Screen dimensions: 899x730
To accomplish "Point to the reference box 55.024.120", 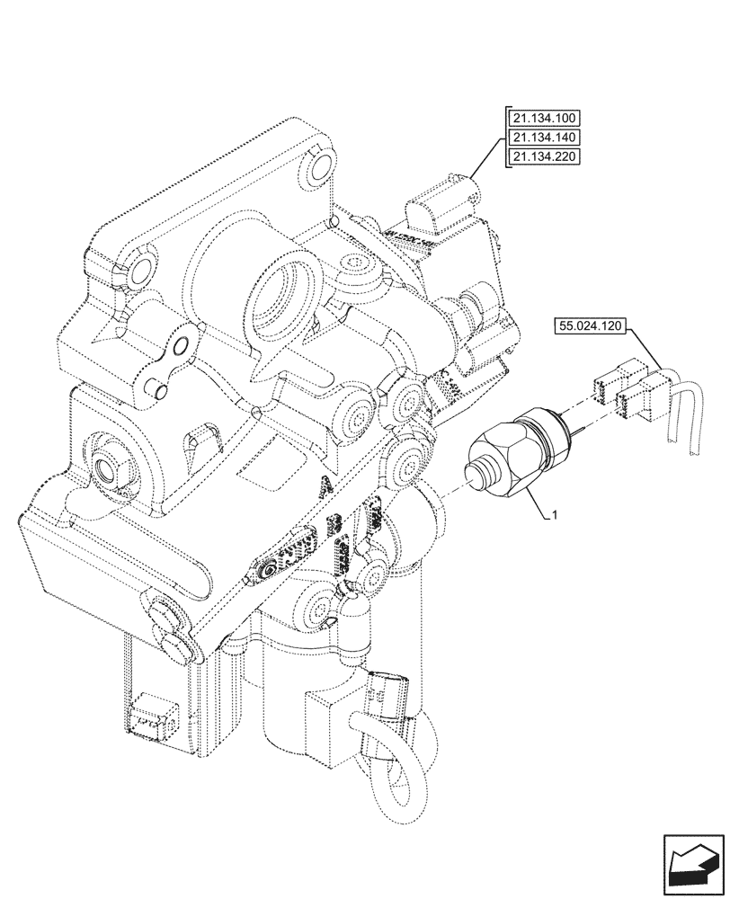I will tap(592, 327).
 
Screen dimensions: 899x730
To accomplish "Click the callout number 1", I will tap(556, 515).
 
